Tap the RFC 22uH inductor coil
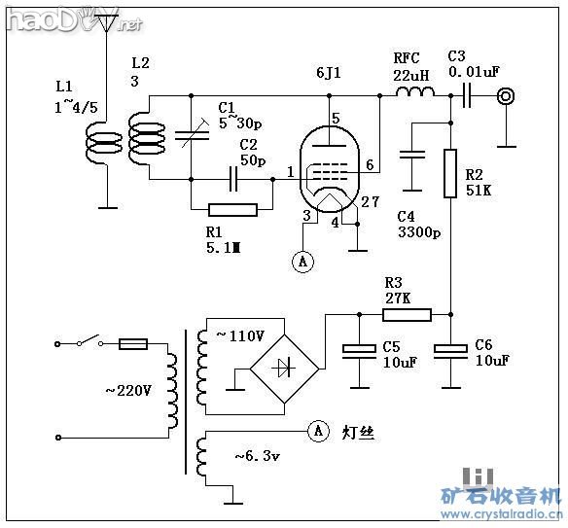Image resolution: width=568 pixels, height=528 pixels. pos(414,95)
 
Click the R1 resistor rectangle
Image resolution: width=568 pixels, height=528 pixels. pos(233,208)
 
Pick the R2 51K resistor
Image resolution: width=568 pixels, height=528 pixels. pos(450,173)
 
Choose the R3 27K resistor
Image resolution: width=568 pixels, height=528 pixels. pos(407,313)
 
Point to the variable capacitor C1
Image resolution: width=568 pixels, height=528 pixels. pos(193,135)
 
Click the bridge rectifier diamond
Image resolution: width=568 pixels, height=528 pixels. pos(286,368)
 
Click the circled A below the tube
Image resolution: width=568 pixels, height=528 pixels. pos(302,261)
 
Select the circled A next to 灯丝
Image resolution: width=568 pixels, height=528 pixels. pos(317,429)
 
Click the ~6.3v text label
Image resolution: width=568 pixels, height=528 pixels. pos(258,455)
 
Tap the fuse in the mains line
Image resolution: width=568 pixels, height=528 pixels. pos(132,343)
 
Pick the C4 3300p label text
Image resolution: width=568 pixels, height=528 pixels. pos(419,224)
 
